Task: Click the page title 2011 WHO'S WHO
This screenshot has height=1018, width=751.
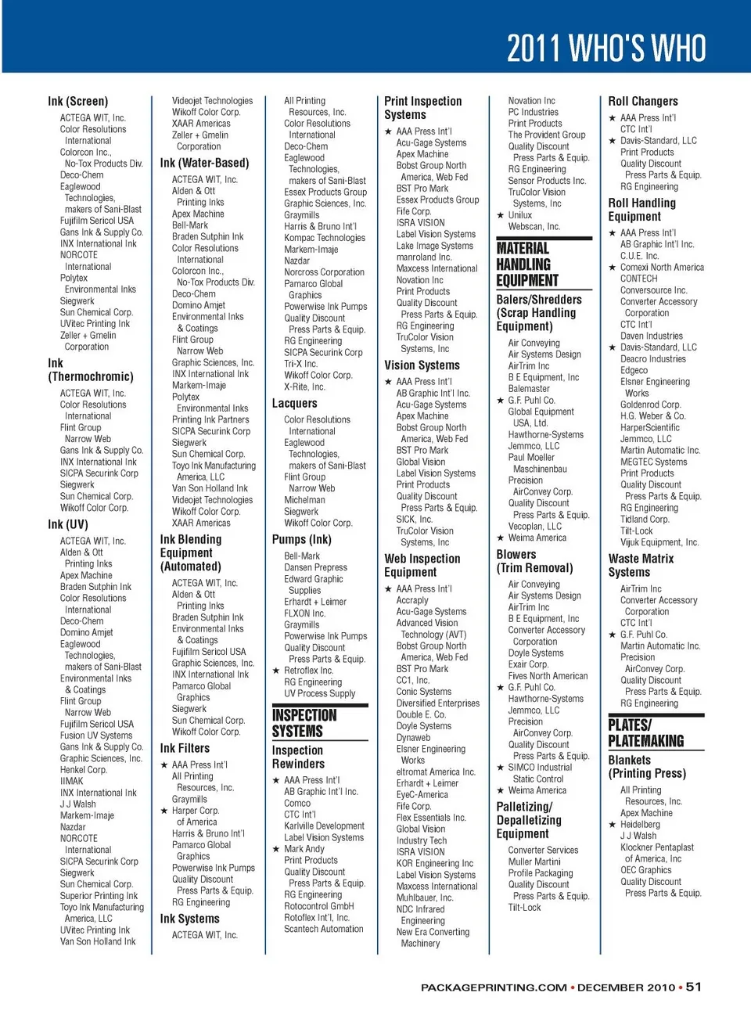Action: pyautogui.click(x=606, y=48)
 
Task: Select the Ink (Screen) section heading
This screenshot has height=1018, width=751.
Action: pyautogui.click(x=77, y=101)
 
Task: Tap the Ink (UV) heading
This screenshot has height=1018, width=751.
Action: pyautogui.click(x=68, y=524)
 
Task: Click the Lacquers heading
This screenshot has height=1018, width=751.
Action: pyautogui.click(x=294, y=403)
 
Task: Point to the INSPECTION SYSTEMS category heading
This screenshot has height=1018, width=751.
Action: pyautogui.click(x=304, y=723)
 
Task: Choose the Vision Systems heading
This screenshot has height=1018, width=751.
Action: pyautogui.click(x=422, y=365)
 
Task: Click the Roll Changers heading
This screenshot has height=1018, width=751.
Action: pyautogui.click(x=643, y=101)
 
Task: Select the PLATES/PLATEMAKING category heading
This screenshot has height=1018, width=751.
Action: pyautogui.click(x=645, y=732)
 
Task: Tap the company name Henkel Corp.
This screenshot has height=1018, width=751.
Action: pyautogui.click(x=83, y=770)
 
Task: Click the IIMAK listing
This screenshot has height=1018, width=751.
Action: pyautogui.click(x=72, y=781)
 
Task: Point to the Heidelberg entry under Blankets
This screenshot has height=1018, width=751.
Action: pyautogui.click(x=640, y=824)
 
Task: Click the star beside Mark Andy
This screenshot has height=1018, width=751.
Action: pyautogui.click(x=276, y=849)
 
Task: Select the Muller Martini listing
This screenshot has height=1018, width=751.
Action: pyautogui.click(x=534, y=862)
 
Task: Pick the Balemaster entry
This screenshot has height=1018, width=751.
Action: pyautogui.click(x=529, y=388)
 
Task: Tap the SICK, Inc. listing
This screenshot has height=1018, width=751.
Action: pyautogui.click(x=414, y=519)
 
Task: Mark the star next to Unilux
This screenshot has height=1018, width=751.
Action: pyautogui.click(x=501, y=215)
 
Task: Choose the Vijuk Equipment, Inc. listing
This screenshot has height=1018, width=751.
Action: pyautogui.click(x=659, y=542)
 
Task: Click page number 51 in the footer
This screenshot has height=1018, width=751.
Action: pyautogui.click(x=694, y=987)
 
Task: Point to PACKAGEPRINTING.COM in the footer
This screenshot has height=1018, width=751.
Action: pyautogui.click(x=494, y=987)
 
